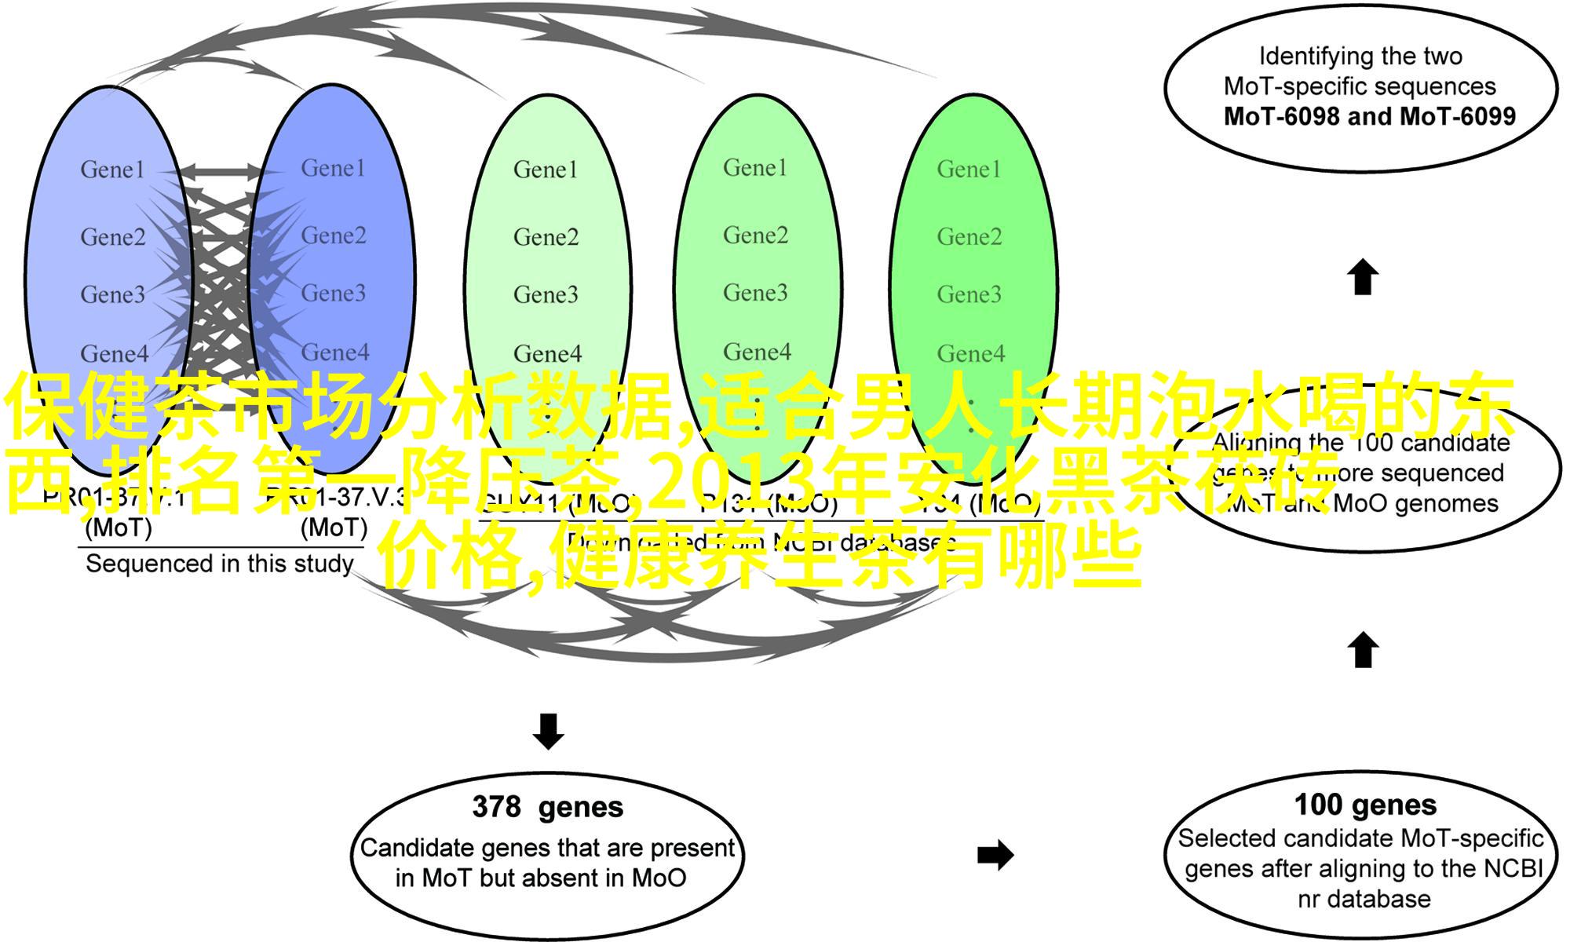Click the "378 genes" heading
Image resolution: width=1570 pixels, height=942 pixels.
tap(547, 807)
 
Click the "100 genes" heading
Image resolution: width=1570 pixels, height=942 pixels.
tap(1365, 805)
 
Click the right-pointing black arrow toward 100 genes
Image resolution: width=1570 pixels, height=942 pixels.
tap(995, 855)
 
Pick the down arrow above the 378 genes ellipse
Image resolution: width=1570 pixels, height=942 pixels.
tap(548, 730)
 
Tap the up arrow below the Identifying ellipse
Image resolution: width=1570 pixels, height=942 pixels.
tap(1363, 277)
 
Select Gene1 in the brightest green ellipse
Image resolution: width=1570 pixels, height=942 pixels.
tap(969, 170)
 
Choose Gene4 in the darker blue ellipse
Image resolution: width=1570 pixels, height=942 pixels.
tap(334, 352)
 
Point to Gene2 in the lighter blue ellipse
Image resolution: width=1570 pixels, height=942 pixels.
tap(113, 237)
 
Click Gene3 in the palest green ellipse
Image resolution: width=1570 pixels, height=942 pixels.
tap(546, 294)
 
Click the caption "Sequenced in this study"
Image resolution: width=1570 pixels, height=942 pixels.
tap(219, 564)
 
